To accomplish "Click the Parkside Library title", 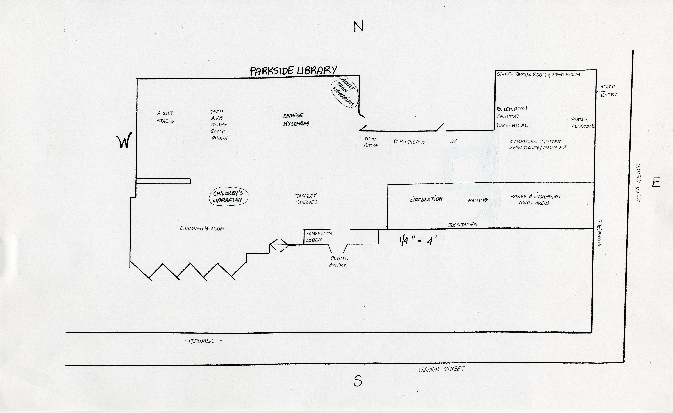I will [294, 71].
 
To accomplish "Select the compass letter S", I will [358, 381].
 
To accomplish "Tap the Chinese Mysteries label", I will [296, 120].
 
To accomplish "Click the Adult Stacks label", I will [165, 117].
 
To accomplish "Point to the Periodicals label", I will [409, 142].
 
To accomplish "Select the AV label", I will [453, 142].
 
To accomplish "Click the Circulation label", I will [426, 199].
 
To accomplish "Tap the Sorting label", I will [478, 200].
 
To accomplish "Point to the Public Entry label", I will [339, 261].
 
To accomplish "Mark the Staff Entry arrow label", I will [608, 90].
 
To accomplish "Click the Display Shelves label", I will [306, 199].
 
